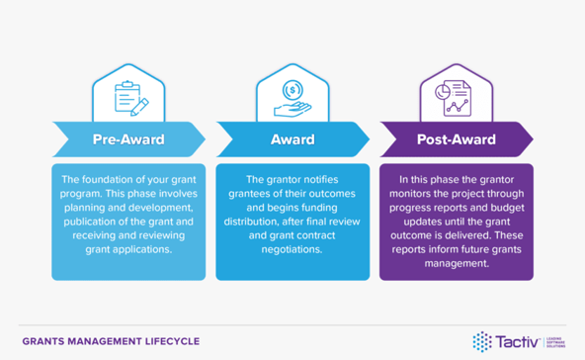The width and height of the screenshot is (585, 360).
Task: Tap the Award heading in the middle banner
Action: point(292,139)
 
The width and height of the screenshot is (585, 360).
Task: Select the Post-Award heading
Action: point(456,139)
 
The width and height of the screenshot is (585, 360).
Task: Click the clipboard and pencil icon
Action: point(128,96)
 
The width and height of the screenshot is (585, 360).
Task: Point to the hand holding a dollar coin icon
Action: point(292,96)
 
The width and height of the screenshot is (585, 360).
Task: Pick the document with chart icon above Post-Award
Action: point(456,96)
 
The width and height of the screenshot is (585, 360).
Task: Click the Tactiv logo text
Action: point(516,340)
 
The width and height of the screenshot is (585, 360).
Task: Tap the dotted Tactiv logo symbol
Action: point(482,340)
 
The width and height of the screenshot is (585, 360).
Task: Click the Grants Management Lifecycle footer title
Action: point(110,341)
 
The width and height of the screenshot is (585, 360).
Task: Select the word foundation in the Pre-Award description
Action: point(114,180)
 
